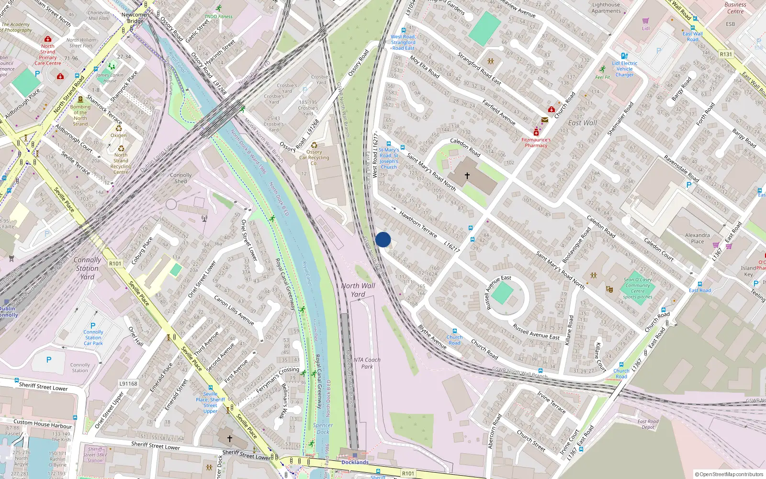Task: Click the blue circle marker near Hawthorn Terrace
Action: point(383,239)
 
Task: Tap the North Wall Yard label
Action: point(358,290)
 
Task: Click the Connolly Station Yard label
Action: point(87,268)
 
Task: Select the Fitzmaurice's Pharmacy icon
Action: point(536,132)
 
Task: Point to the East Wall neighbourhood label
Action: point(582,123)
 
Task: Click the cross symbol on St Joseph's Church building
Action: point(467,176)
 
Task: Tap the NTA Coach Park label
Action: point(367,363)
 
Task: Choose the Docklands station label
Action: point(355,462)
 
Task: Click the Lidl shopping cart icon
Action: point(646,21)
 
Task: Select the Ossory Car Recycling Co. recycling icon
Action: point(314,145)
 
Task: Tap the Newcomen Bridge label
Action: point(135,18)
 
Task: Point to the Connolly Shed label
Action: point(180,178)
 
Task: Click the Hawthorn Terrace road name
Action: point(418,224)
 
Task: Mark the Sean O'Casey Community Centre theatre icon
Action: point(609,289)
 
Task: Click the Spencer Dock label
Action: point(323,428)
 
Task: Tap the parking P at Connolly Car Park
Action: point(93,325)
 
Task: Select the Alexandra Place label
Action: point(697,238)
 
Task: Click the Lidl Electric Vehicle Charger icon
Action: point(624,56)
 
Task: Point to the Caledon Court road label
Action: point(659,249)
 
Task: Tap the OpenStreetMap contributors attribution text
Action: point(729,474)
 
